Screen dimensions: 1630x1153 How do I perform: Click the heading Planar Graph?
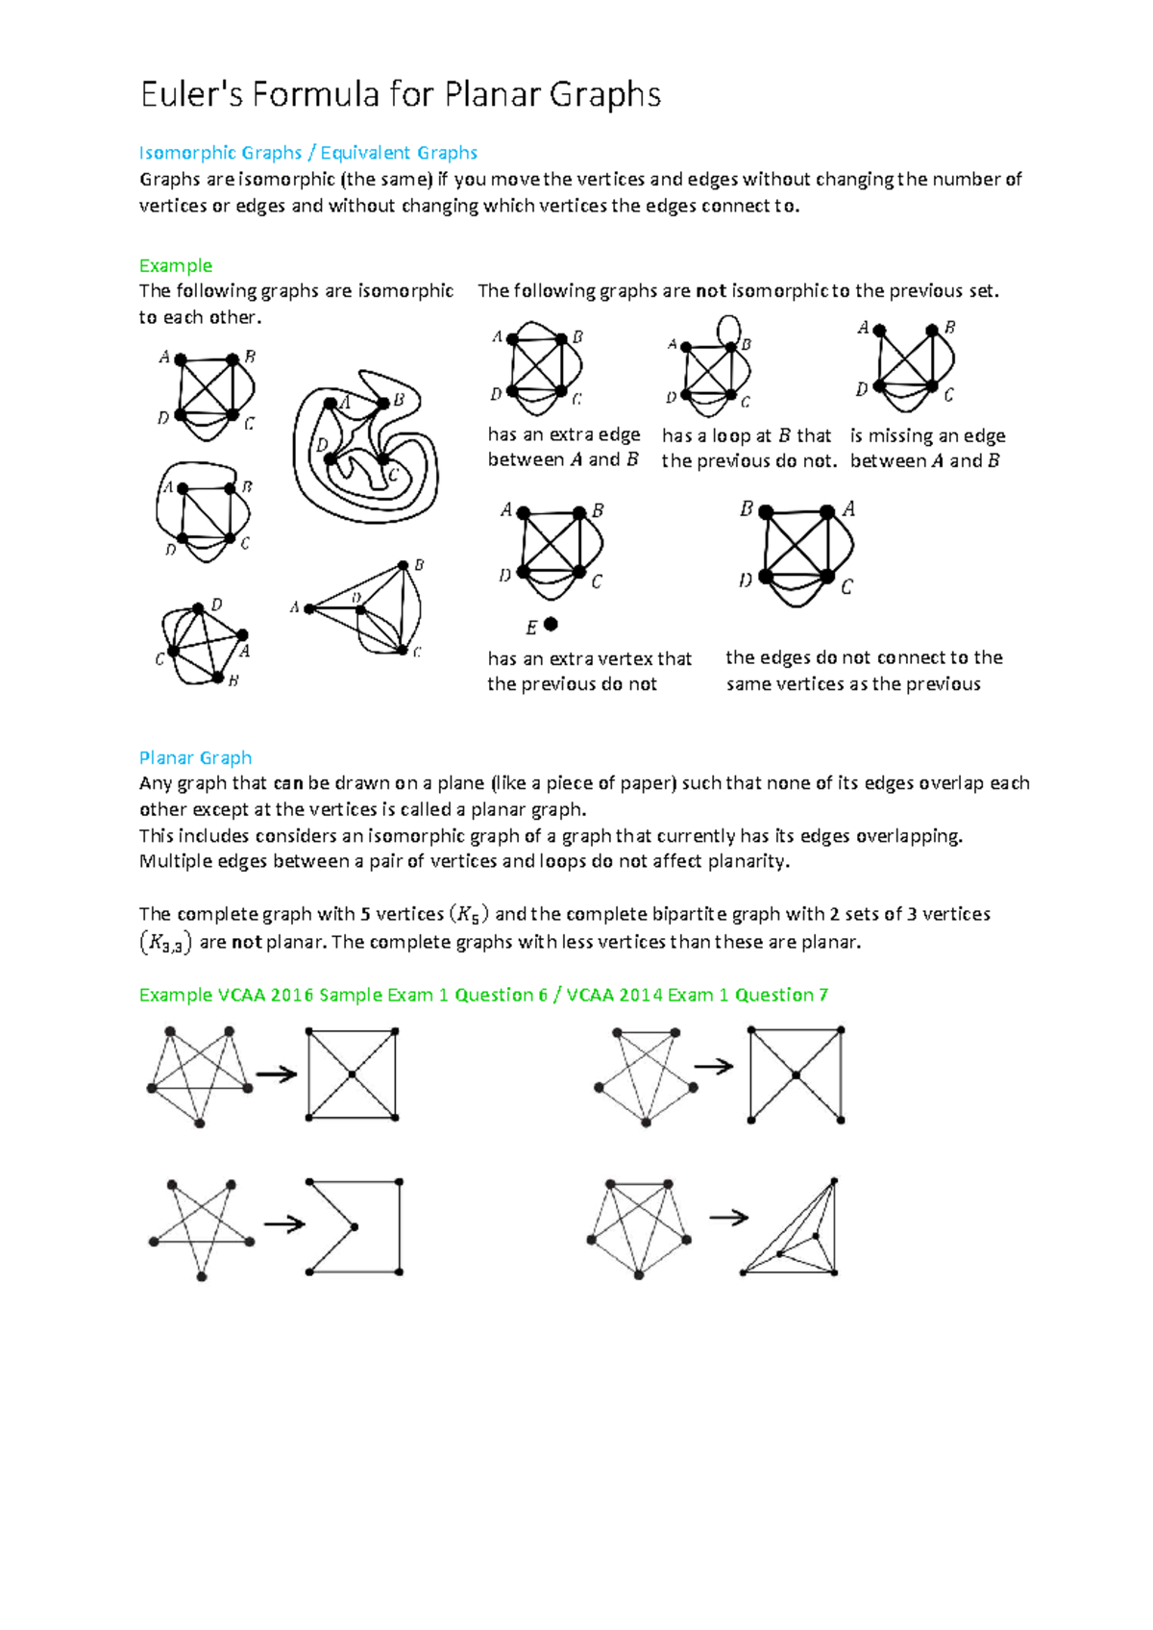195,757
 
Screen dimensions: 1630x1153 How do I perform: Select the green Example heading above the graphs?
175,265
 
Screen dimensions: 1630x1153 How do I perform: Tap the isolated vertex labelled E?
551,624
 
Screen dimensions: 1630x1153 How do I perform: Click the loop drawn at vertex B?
729,330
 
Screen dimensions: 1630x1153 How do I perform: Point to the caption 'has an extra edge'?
563,434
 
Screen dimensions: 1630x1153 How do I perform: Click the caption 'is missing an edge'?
927,435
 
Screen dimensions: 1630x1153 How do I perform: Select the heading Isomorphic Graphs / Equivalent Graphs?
307,153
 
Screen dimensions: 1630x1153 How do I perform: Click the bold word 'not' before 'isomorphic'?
711,291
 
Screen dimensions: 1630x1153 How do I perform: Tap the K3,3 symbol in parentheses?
165,943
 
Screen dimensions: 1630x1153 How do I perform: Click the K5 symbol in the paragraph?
469,914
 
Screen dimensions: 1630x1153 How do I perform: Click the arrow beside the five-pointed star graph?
284,1224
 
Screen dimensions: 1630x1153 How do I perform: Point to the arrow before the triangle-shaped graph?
728,1218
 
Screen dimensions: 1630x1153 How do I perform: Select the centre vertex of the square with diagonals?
352,1074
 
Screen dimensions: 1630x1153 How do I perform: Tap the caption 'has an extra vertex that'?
589,658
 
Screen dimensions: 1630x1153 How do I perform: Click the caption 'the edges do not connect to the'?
864,657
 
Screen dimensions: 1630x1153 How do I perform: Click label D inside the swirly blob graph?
322,444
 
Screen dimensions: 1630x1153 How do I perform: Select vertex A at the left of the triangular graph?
309,608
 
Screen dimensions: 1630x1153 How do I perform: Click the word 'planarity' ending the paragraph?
748,861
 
